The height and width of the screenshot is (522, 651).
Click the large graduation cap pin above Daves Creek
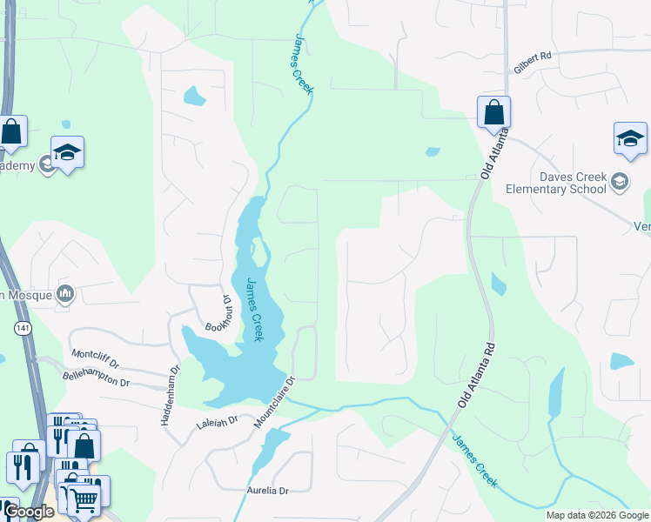tap(630, 139)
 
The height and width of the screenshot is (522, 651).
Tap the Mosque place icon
tap(65, 294)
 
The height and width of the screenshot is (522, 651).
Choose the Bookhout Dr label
tap(218, 313)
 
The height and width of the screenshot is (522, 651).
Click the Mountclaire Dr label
tap(275, 402)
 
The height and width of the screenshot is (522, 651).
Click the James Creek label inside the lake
tap(254, 310)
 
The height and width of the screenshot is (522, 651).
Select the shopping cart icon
tap(84, 499)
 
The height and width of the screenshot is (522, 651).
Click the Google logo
tap(29, 512)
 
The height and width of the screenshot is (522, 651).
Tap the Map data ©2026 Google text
tap(596, 515)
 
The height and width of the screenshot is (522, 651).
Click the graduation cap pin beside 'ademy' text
tap(67, 153)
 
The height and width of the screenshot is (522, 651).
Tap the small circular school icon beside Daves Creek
tap(619, 182)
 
